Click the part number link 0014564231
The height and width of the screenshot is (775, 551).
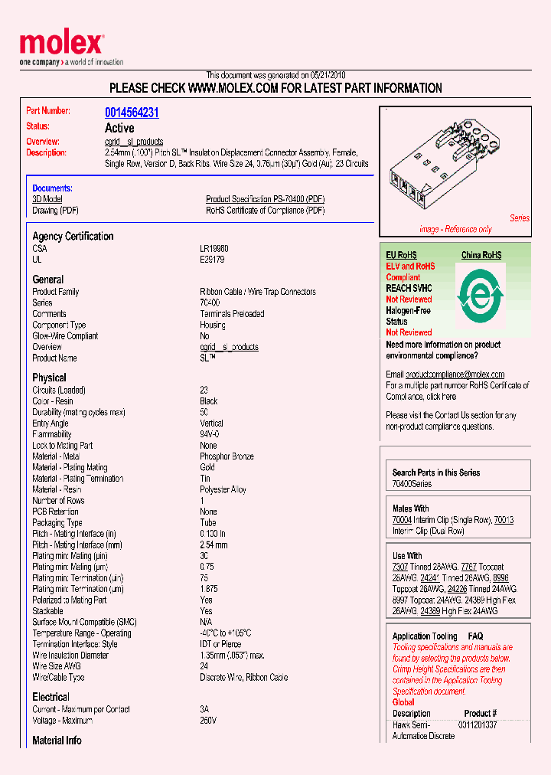132,113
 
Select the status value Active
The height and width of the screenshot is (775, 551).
119,128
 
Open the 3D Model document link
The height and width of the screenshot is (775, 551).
47,199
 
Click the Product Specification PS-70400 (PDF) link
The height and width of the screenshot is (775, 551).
265,199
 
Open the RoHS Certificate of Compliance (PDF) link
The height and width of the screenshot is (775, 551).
265,211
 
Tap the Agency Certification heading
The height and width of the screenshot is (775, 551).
73,237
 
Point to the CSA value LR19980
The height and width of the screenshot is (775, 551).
214,249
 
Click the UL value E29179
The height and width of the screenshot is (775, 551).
212,260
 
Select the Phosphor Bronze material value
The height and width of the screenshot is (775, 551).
227,456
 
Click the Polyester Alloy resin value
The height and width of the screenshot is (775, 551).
223,489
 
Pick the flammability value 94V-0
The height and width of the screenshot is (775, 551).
210,434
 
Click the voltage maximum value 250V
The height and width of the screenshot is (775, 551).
208,721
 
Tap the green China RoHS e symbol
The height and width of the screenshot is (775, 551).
481,293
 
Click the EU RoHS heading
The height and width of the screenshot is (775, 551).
401,255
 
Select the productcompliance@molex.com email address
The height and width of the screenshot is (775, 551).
455,374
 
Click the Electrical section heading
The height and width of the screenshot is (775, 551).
51,697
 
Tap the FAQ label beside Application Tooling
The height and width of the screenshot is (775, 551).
475,636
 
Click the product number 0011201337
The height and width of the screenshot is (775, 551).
478,724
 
